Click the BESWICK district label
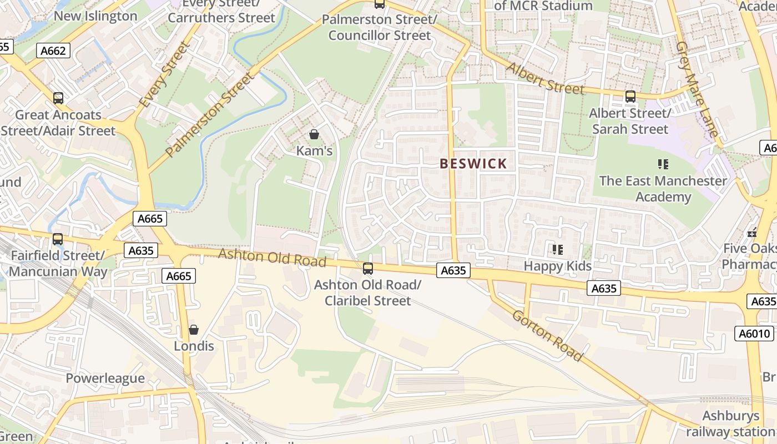pyautogui.click(x=473, y=164)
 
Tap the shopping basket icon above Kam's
pyautogui.click(x=314, y=134)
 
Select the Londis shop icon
pyautogui.click(x=194, y=330)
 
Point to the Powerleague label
pyautogui.click(x=105, y=379)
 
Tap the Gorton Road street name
pyautogui.click(x=547, y=335)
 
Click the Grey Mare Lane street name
pyautogui.click(x=697, y=89)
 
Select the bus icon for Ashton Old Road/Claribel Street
pyautogui.click(x=367, y=269)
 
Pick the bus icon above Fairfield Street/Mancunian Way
pyautogui.click(x=58, y=239)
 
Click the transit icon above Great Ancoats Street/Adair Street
pyautogui.click(x=58, y=98)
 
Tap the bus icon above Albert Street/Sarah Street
pyautogui.click(x=630, y=97)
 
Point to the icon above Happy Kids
pyautogui.click(x=558, y=250)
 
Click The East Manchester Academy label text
pyautogui.click(x=663, y=189)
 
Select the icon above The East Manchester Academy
pyautogui.click(x=663, y=164)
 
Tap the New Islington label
pyautogui.click(x=95, y=16)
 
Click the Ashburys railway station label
pyautogui.click(x=730, y=423)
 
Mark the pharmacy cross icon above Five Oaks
pyautogui.click(x=753, y=233)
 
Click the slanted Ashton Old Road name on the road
pyautogui.click(x=272, y=258)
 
